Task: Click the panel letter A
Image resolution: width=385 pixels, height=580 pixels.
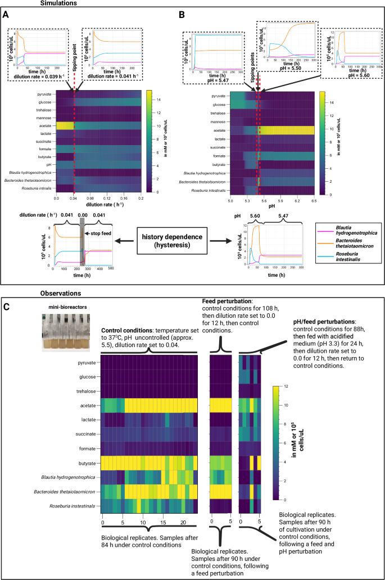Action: (x=6, y=16)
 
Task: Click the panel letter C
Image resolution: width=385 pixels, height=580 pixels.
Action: (x=6, y=308)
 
